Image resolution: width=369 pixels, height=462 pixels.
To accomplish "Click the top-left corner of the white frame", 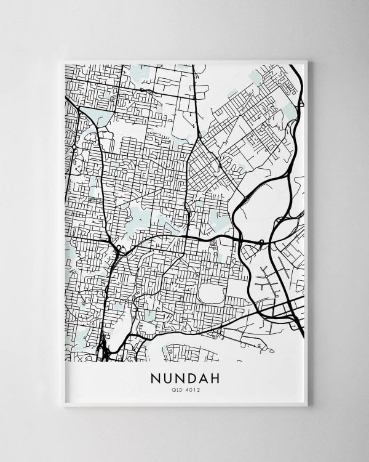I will [63, 61].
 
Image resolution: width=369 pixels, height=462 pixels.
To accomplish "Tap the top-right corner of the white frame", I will [306, 61].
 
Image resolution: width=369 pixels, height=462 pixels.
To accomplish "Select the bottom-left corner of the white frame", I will [63, 405].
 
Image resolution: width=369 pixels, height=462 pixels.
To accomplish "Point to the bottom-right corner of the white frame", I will [306, 405].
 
